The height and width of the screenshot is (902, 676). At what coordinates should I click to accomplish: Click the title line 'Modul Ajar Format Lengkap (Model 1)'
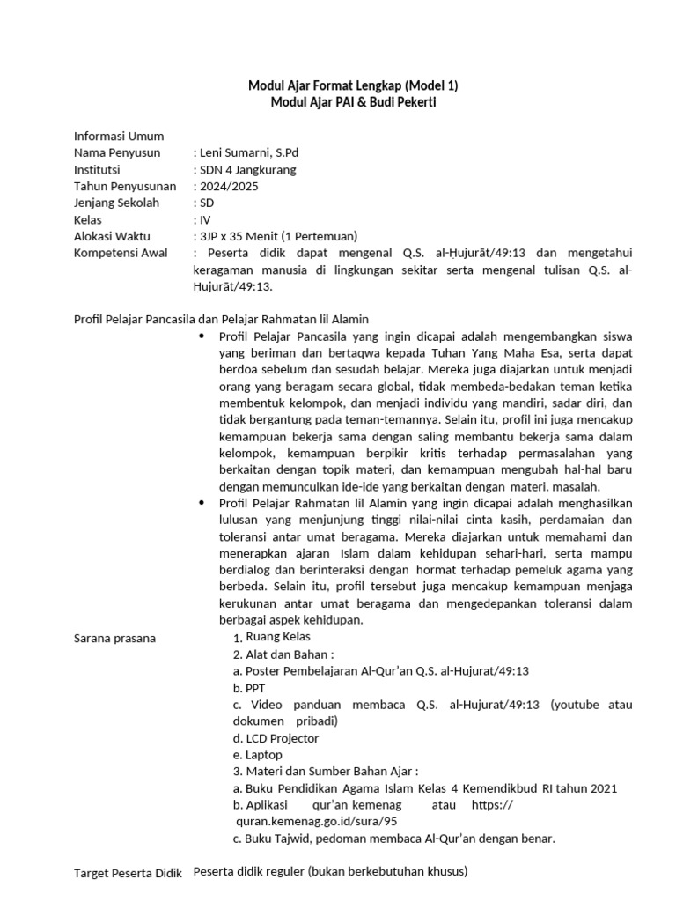click(x=353, y=85)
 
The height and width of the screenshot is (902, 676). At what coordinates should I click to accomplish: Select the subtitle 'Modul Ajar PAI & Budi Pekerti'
click(x=353, y=102)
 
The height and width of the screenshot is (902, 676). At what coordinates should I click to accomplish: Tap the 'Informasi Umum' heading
click(x=119, y=136)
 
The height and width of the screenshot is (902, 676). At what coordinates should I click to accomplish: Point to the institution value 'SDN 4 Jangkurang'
click(x=247, y=169)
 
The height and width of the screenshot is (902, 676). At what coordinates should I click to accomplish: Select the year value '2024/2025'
click(x=229, y=186)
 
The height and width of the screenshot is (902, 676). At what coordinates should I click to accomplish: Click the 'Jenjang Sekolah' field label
click(x=117, y=203)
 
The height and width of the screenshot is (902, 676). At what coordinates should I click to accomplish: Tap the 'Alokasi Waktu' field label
click(x=113, y=236)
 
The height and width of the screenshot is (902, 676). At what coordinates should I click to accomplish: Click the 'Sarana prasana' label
click(x=115, y=638)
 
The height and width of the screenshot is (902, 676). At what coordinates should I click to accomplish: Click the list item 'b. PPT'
click(x=249, y=687)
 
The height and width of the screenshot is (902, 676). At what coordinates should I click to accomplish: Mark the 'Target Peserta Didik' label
click(x=129, y=873)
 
